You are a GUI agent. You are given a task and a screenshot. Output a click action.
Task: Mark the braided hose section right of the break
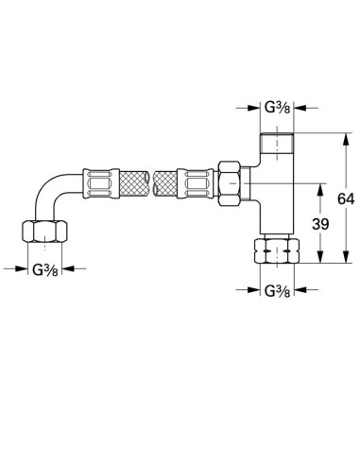[167, 178]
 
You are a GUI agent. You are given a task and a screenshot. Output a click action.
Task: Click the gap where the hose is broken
[150, 178]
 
